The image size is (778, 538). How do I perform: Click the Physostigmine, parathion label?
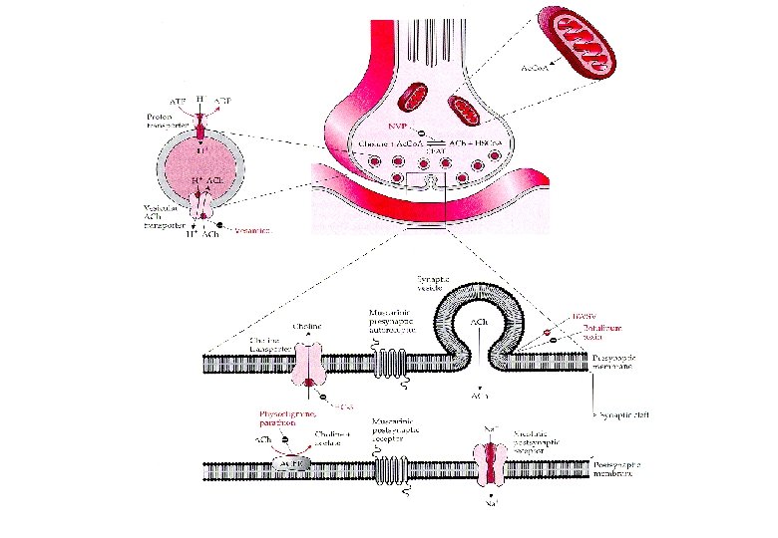[286, 416]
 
